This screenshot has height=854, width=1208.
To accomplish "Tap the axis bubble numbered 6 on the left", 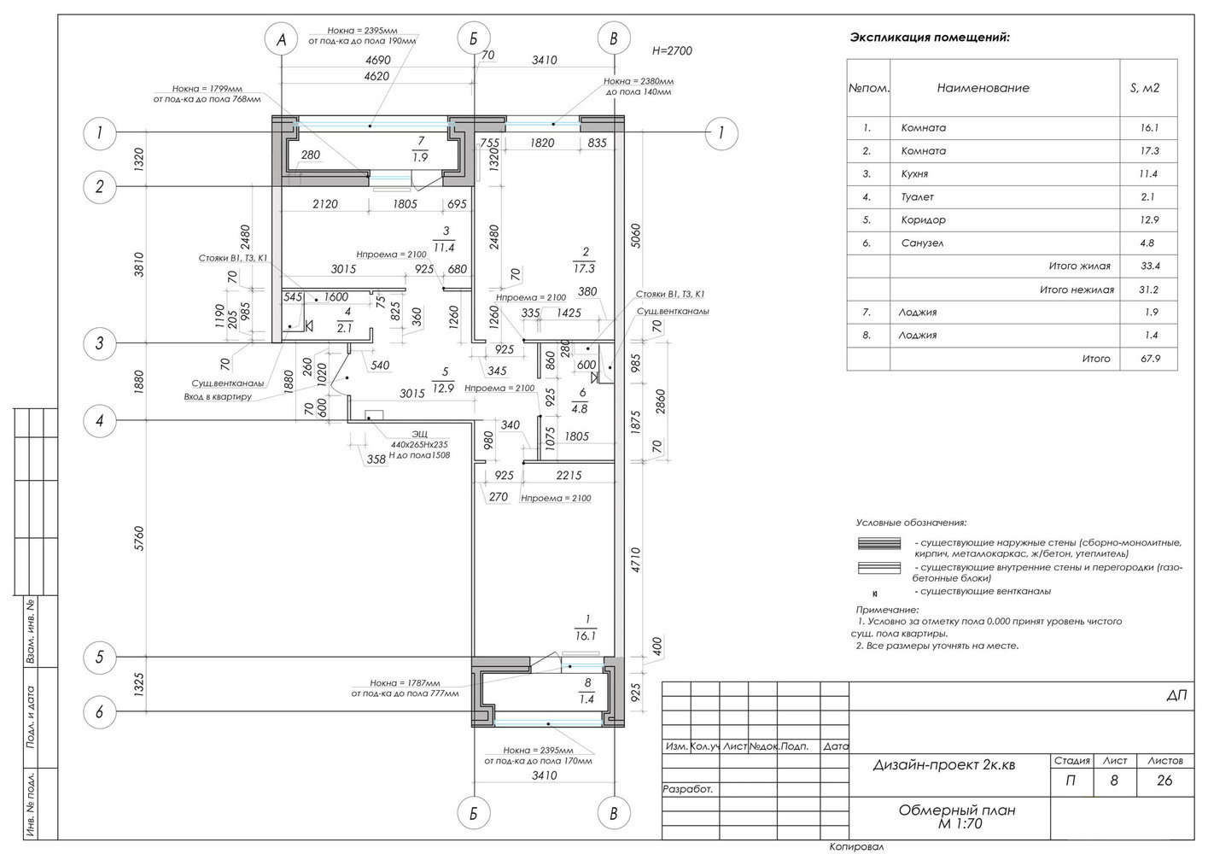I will click(100, 712).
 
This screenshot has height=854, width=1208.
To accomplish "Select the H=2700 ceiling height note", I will click(672, 50).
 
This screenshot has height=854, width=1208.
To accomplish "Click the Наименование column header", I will click(983, 88).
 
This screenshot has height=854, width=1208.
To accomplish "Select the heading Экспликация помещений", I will click(930, 38).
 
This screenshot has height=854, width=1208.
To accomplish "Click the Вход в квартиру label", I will click(218, 397).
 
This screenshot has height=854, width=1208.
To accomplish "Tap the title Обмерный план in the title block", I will click(956, 811).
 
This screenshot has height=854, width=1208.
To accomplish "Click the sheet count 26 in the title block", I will click(1165, 781).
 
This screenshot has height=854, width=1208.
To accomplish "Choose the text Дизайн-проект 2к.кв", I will click(943, 765).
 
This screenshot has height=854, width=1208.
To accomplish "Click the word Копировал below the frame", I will click(856, 847).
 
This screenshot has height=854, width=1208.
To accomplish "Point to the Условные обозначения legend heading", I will click(911, 522).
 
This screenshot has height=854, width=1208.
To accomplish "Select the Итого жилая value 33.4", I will click(1150, 266).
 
